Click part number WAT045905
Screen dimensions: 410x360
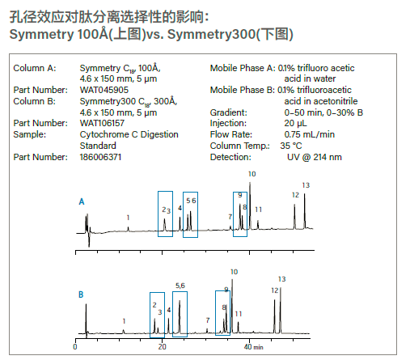click(104, 90)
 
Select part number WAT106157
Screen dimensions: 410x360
click(102, 123)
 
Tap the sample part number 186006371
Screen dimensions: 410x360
click(100, 157)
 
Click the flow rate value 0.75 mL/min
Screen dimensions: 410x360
click(310, 134)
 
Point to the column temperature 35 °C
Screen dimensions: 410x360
click(291, 146)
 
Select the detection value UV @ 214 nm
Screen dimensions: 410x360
click(315, 157)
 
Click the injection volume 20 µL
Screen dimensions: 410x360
click(295, 123)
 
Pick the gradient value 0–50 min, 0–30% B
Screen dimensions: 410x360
click(323, 112)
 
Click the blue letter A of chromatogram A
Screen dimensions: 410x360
click(82, 201)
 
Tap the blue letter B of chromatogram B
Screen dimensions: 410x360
click(81, 294)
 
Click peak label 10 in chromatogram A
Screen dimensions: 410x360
click(252, 174)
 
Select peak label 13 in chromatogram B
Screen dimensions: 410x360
click(282, 279)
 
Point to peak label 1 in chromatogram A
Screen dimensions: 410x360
click(128, 218)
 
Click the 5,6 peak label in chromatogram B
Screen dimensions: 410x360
click(180, 286)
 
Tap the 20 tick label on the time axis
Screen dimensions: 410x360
click(162, 347)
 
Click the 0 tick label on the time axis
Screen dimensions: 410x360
click(75, 347)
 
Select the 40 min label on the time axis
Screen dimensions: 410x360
click(253, 347)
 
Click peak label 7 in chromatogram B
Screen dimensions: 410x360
click(208, 320)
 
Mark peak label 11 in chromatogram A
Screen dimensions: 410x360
click(259, 210)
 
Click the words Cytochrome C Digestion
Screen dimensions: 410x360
click(129, 134)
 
